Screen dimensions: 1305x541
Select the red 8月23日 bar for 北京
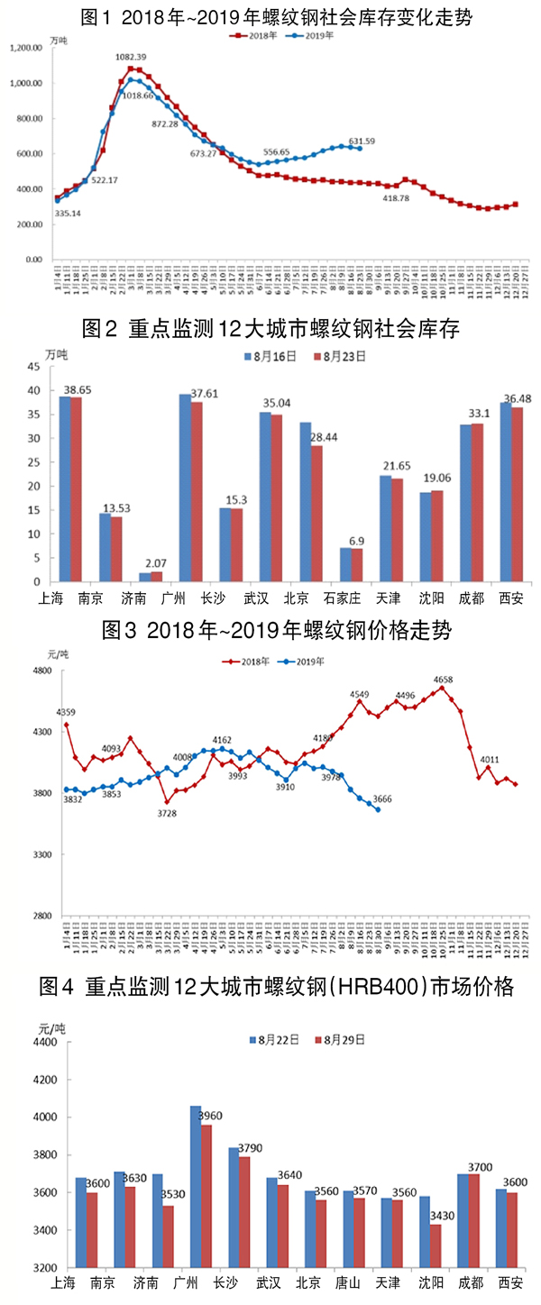pyautogui.click(x=316, y=514)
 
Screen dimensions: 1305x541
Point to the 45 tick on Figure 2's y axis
pyautogui.click(x=33, y=367)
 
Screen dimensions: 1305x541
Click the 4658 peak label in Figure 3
pyautogui.click(x=443, y=680)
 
